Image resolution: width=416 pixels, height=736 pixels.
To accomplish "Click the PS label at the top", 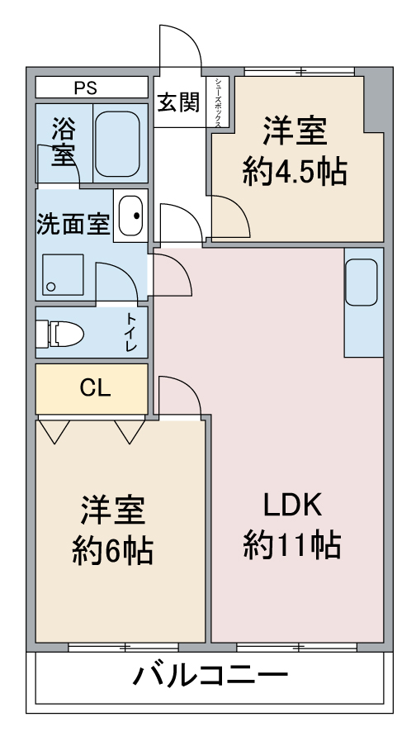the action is click(x=85, y=88).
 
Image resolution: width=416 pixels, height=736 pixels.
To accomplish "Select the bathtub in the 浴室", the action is click(x=117, y=144).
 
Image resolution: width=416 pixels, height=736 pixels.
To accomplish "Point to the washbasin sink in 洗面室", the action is click(x=130, y=216).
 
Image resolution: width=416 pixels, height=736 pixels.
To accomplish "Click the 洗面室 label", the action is click(x=73, y=224).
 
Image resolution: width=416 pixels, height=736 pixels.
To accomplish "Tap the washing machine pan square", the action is click(x=63, y=274).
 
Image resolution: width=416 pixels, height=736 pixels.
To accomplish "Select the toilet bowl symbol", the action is click(x=59, y=335).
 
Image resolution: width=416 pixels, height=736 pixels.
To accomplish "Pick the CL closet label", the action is click(x=95, y=388).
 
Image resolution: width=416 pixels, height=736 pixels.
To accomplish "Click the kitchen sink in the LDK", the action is click(x=362, y=283).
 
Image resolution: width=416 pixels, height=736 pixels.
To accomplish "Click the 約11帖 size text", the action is click(x=291, y=544).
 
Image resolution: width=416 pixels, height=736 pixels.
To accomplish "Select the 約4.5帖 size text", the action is click(x=295, y=172).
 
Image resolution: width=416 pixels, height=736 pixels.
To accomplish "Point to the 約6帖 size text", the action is click(x=112, y=550).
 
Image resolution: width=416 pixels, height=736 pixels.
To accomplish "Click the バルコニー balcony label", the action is click(x=210, y=676).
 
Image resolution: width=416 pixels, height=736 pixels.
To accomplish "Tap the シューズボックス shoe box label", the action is click(x=218, y=102).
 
